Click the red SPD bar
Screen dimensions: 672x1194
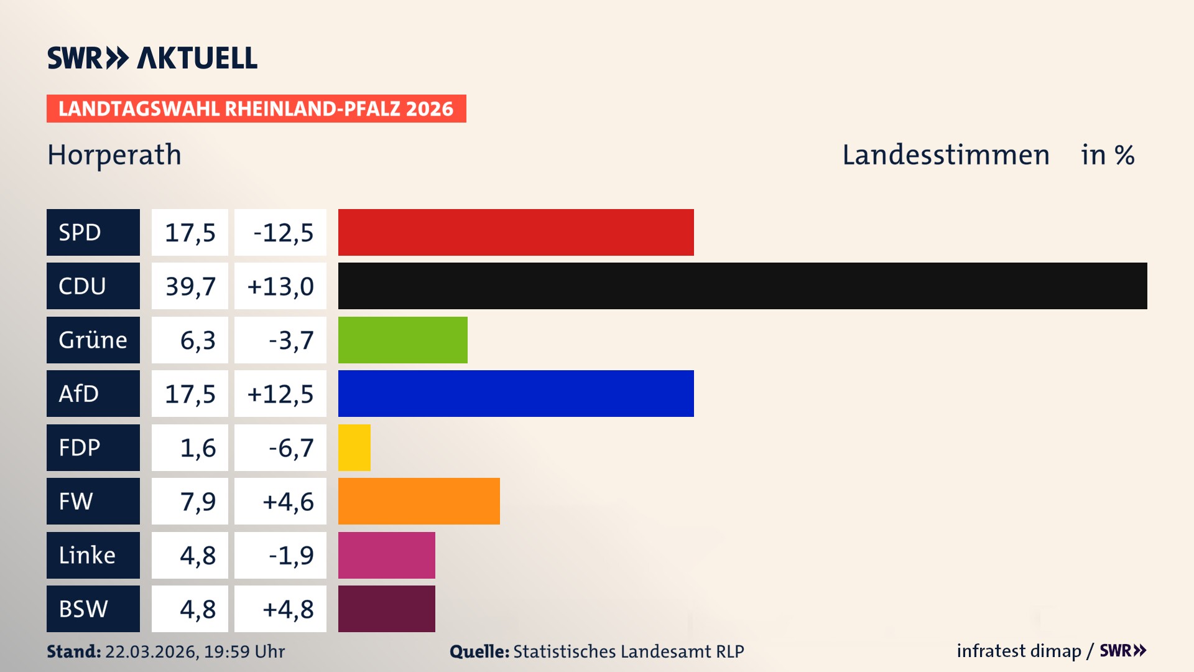pyautogui.click(x=516, y=232)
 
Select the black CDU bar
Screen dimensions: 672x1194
pyautogui.click(x=742, y=286)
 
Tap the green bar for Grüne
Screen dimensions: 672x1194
pyautogui.click(x=402, y=340)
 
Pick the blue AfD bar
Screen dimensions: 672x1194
pyautogui.click(x=516, y=393)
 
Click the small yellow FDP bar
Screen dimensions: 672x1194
pyautogui.click(x=354, y=447)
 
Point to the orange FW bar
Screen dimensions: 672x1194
pyautogui.click(x=419, y=501)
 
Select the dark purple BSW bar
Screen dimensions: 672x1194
pyautogui.click(x=386, y=609)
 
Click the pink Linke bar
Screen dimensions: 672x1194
pyautogui.click(x=386, y=555)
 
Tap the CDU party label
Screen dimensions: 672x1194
pyautogui.click(x=93, y=286)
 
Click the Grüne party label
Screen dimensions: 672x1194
pyautogui.click(x=93, y=340)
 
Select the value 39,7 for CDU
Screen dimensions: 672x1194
pyautogui.click(x=190, y=286)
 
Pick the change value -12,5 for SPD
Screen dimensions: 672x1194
pyautogui.click(x=281, y=232)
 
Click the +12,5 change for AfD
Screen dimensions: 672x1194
pyautogui.click(x=280, y=393)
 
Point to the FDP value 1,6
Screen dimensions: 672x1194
pyautogui.click(x=197, y=447)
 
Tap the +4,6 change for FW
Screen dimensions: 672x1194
pyautogui.click(x=287, y=501)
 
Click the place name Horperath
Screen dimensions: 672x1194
pyautogui.click(x=114, y=155)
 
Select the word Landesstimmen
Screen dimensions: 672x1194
pyautogui.click(x=945, y=155)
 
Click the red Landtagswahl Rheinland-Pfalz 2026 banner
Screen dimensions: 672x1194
pyautogui.click(x=256, y=108)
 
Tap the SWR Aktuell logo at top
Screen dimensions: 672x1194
pyautogui.click(x=152, y=58)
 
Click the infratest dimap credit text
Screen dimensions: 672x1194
pyautogui.click(x=1018, y=651)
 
